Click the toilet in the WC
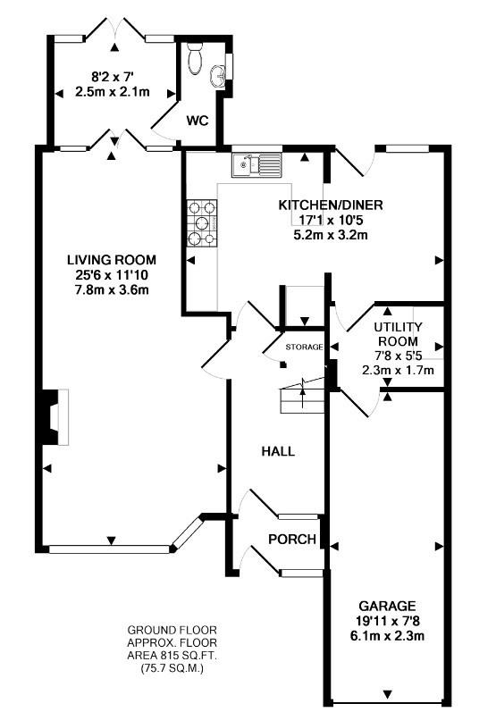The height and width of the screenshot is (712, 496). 196,60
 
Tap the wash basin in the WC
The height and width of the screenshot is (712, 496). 217,76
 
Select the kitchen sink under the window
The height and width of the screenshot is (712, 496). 256,164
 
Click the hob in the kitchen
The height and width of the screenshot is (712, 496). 202,223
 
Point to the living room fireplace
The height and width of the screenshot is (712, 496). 52,417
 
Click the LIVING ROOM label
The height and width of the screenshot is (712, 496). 112,260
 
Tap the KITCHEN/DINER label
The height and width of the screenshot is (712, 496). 331,205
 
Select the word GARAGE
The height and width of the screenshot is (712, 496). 387,606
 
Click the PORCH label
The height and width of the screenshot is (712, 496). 292,540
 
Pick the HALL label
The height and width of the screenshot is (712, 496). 278,451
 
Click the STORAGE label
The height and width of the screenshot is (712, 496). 304,347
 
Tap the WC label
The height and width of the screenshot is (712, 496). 198,121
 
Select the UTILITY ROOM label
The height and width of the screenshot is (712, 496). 398,334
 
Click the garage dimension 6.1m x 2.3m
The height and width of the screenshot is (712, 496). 387,635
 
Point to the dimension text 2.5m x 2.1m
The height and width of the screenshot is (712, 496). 113,92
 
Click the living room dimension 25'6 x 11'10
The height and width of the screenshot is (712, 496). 112,275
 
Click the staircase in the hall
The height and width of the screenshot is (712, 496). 302,395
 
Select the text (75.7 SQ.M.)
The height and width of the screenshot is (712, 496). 172,668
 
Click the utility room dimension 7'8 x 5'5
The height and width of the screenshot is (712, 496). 398,356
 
